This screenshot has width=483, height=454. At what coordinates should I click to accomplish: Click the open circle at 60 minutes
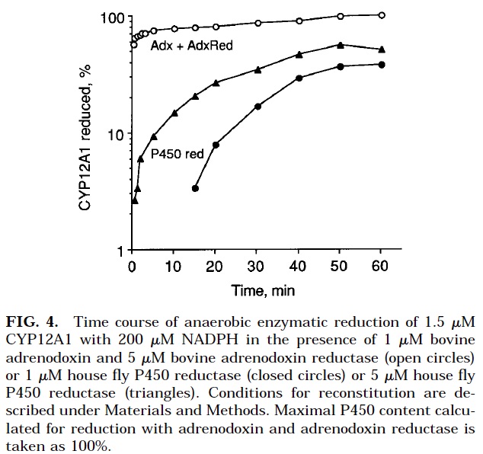[x=382, y=15]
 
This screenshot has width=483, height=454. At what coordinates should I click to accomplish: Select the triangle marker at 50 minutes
[x=340, y=46]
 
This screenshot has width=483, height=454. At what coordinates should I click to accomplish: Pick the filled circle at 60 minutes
[x=382, y=65]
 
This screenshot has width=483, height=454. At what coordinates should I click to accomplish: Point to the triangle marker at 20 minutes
[x=216, y=82]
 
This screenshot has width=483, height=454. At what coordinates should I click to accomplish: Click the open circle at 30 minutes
[x=257, y=23]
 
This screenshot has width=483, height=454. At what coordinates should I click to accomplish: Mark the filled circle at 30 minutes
[x=257, y=106]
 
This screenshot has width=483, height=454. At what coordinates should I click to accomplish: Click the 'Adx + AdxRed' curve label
[x=194, y=46]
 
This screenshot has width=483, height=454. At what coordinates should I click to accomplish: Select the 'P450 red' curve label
[x=178, y=154]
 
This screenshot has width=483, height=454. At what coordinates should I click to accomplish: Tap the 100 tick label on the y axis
[x=112, y=17]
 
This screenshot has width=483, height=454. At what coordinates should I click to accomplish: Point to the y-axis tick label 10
[x=116, y=134]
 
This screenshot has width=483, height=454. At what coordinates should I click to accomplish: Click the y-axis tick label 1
[x=120, y=251]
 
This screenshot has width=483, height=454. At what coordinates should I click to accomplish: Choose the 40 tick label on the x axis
[x=299, y=267]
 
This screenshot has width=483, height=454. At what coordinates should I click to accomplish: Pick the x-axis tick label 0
[x=133, y=267]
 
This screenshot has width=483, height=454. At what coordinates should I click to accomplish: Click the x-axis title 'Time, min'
[x=263, y=290]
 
